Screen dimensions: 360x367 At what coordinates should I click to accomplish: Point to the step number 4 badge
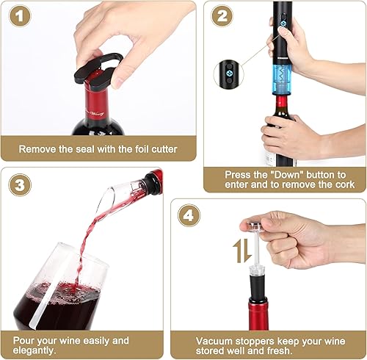(x=190, y=216)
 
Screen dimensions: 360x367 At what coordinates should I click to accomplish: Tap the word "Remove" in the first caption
(x=38, y=149)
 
